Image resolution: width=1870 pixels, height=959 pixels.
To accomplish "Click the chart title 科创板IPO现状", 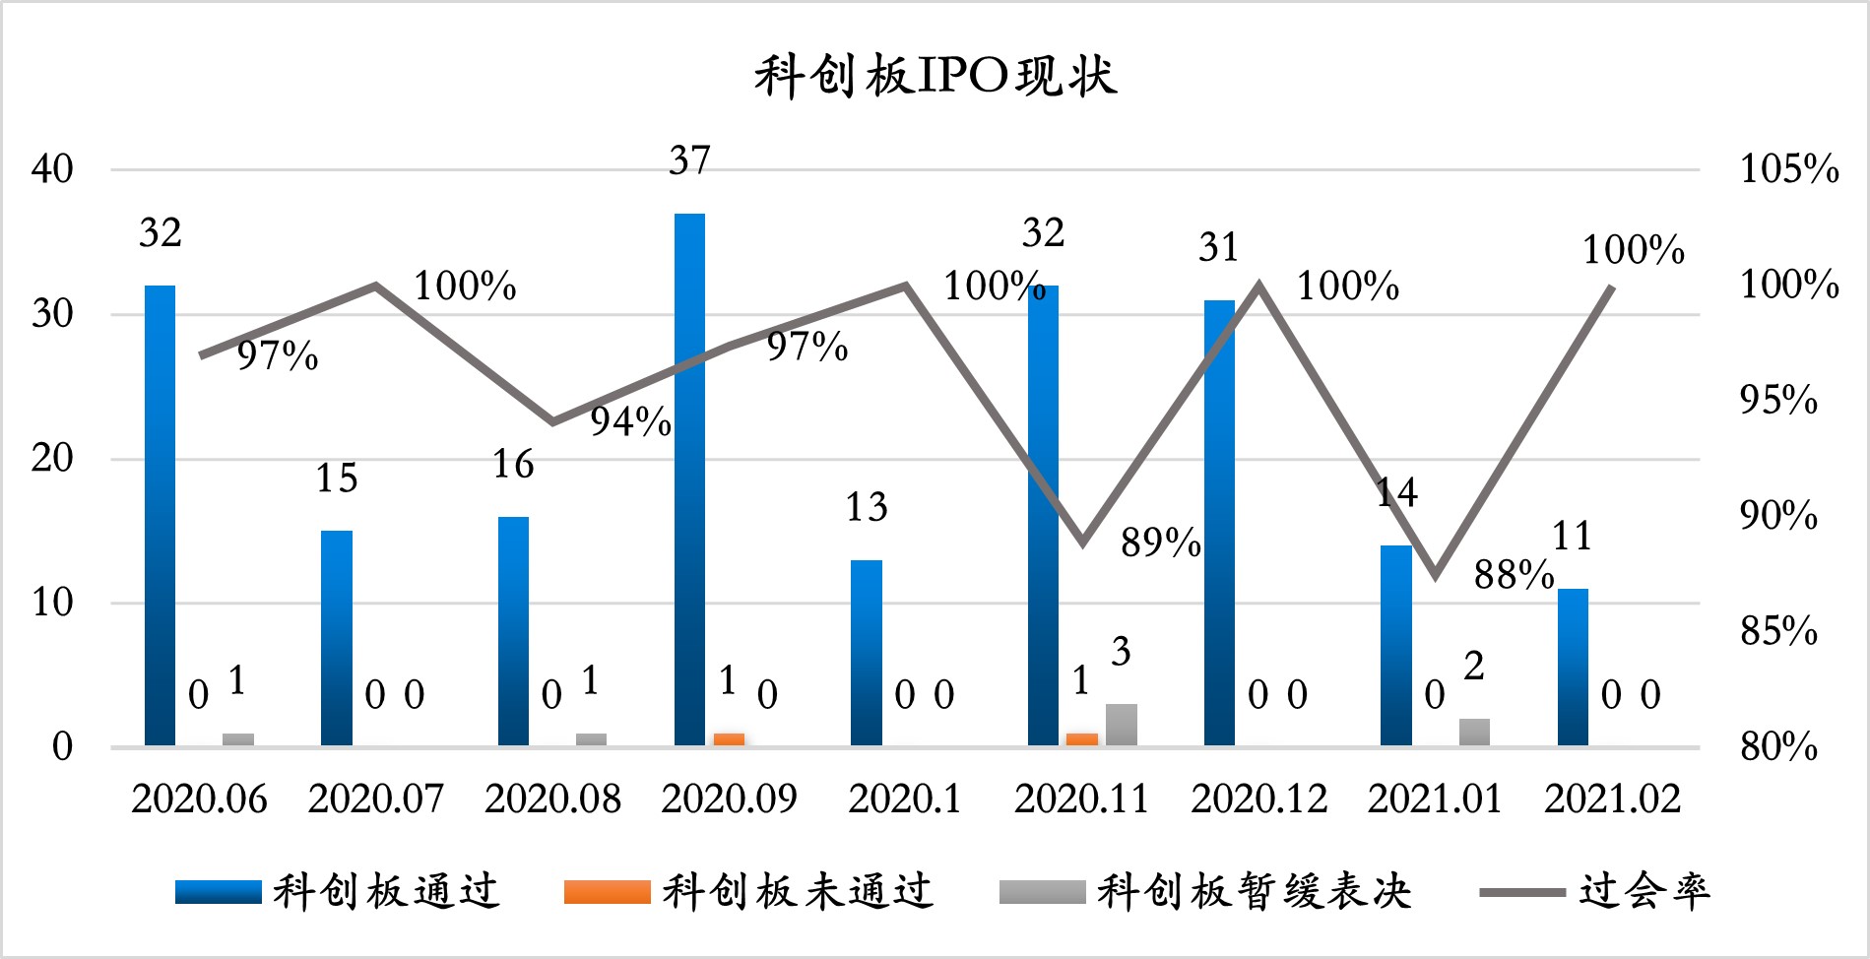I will click(935, 77).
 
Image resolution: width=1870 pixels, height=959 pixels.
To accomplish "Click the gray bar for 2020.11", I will click(1121, 725).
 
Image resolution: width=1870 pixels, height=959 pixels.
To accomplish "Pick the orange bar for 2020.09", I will click(729, 739).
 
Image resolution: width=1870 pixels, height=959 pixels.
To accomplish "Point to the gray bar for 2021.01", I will click(1474, 732).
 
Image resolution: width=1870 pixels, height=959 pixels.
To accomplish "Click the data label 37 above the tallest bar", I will click(689, 160).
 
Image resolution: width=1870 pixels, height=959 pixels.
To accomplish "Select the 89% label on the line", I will click(1160, 543).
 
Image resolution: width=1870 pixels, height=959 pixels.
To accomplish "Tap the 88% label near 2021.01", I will click(1514, 574).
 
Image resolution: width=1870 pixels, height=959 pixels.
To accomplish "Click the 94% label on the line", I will click(630, 421).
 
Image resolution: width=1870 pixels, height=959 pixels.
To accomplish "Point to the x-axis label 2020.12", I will click(1258, 799).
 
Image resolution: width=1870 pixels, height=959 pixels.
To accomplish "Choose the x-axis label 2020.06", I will click(199, 799).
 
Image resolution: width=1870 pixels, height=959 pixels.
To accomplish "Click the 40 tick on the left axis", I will click(52, 169).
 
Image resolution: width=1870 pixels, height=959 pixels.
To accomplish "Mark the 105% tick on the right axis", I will click(1788, 169).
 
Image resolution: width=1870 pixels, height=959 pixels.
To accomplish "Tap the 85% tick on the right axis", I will click(1778, 631).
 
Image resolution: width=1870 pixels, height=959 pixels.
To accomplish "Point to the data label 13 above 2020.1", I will click(867, 507).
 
